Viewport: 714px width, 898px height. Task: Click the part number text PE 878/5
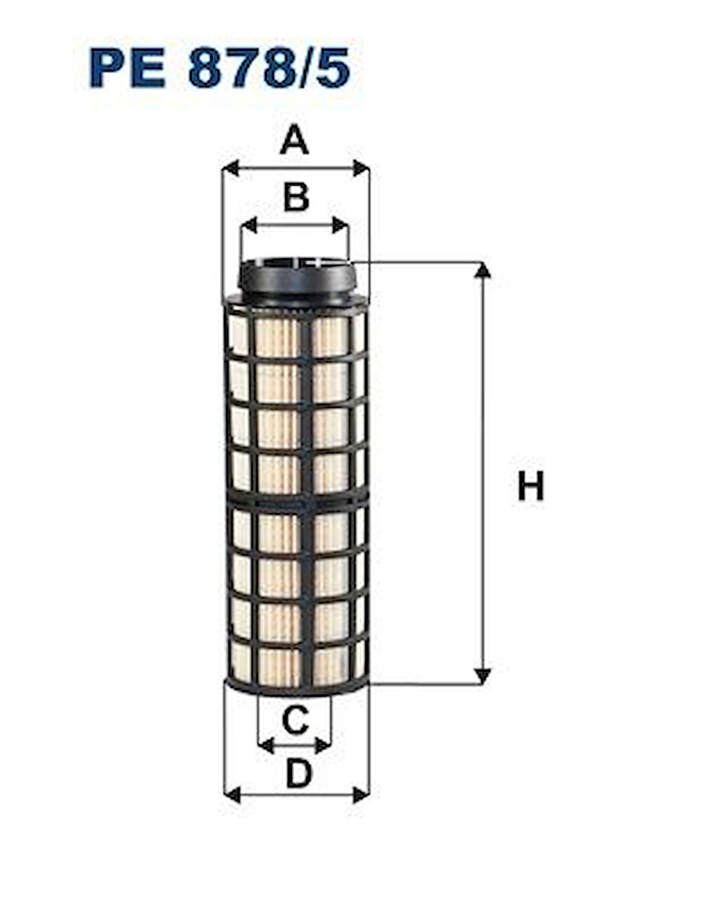pos(219,70)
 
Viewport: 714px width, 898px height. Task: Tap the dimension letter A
pos(295,140)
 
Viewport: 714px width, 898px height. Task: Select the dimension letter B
pos(296,197)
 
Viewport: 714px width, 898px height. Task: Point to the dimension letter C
pos(295,720)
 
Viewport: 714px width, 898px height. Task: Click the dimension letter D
pos(298,774)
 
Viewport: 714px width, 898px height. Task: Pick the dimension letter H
pos(531,486)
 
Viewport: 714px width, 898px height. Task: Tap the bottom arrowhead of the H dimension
pos(482,677)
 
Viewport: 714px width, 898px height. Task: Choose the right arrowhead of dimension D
pos(361,795)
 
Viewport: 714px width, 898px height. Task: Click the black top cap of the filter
pos(296,278)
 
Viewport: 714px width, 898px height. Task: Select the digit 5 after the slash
pos(333,70)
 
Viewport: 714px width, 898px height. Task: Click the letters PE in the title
pos(127,70)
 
